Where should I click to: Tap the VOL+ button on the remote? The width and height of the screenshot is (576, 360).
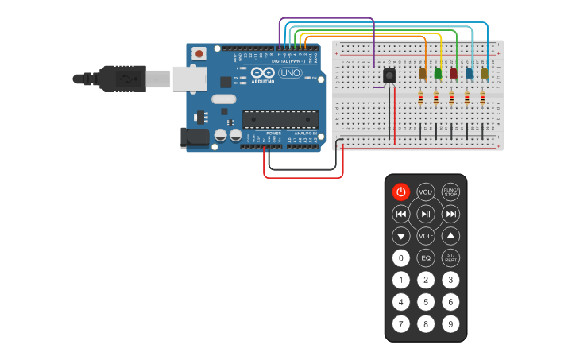(426, 192)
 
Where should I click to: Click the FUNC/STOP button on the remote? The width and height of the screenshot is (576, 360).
(450, 192)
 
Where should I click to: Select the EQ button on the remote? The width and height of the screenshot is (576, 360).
(426, 257)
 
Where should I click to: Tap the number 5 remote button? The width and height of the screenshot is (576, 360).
(426, 302)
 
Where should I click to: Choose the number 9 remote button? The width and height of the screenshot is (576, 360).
(450, 324)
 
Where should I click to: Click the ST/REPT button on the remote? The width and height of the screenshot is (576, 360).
(450, 257)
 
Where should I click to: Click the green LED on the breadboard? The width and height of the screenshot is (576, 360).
(438, 73)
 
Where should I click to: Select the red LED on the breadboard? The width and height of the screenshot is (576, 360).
(454, 73)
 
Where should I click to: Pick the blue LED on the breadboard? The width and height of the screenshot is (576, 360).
(469, 73)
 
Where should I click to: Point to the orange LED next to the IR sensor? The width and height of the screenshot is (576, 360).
(423, 73)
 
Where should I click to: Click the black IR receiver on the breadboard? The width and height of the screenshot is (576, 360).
(389, 75)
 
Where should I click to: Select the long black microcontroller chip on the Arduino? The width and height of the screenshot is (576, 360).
(280, 119)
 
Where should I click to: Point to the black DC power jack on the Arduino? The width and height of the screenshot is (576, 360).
(193, 137)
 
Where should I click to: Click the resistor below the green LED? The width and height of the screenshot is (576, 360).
(436, 99)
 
